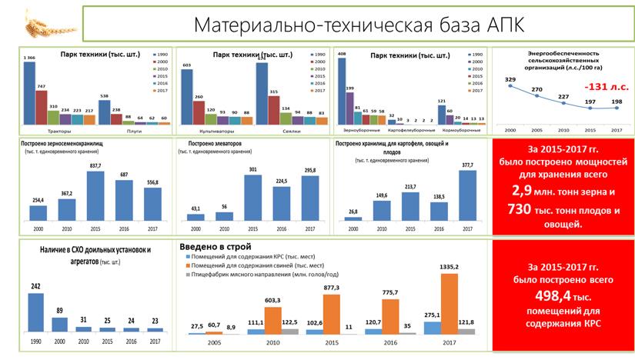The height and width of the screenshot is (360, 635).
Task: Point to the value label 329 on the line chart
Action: click(510, 79)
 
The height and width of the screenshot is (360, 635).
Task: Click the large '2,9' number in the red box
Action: click(523, 189)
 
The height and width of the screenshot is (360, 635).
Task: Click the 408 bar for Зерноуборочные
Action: click(341, 91)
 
